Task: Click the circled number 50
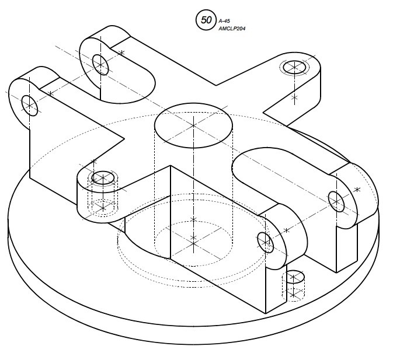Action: click(204, 20)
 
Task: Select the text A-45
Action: click(224, 21)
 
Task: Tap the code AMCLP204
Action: click(232, 29)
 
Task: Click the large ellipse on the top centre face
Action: click(194, 125)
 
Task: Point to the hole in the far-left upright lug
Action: click(30, 106)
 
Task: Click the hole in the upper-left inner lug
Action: click(100, 65)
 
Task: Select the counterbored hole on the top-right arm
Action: click(295, 67)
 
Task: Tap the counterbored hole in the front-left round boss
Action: click(103, 178)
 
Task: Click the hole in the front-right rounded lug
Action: click(265, 242)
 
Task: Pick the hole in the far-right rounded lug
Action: click(336, 201)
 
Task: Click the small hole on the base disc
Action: click(294, 277)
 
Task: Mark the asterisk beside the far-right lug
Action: click(357, 190)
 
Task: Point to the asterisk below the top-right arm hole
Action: click(295, 97)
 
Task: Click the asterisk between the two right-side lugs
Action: click(287, 230)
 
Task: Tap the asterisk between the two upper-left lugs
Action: click(51, 93)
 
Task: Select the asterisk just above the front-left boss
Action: click(94, 162)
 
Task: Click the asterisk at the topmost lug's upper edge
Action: click(121, 53)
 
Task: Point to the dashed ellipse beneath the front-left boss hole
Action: click(103, 208)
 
